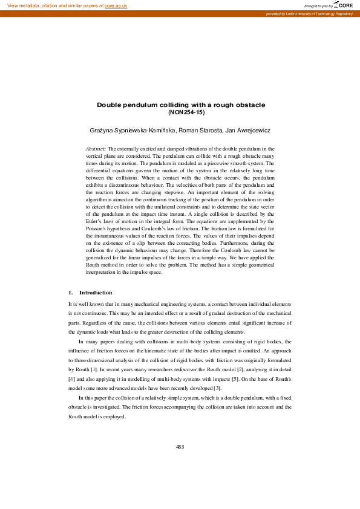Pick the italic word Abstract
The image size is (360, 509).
click(x=96, y=148)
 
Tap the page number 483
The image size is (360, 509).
click(x=180, y=447)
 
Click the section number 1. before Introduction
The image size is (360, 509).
click(x=71, y=293)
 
